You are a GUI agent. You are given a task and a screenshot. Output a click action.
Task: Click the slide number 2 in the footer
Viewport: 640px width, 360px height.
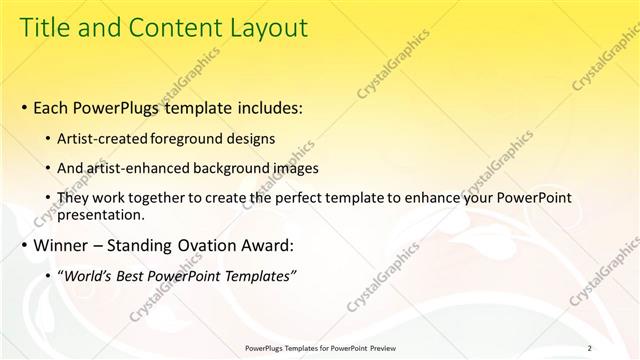(x=589, y=348)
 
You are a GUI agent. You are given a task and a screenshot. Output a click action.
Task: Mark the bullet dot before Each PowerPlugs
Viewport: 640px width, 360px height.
(x=23, y=106)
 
